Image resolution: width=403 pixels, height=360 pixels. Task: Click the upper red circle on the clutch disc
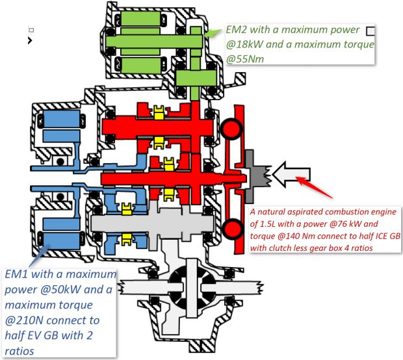point(231,127)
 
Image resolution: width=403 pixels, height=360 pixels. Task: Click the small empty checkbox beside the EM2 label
point(370,31)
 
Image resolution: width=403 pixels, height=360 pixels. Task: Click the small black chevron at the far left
point(29,40)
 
